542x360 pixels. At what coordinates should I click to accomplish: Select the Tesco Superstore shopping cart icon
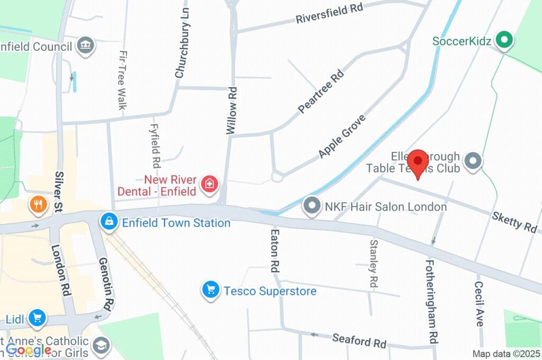click(211, 290)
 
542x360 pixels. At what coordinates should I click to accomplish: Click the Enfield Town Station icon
click(109, 222)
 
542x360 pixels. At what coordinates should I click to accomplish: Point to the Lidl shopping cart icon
click(37, 318)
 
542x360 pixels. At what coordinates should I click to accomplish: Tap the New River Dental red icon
click(210, 184)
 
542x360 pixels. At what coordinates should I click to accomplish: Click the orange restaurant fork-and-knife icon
click(38, 204)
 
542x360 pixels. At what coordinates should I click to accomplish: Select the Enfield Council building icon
click(84, 46)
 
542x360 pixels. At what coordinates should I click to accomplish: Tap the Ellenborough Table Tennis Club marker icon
click(473, 161)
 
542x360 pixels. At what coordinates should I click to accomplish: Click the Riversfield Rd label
click(329, 14)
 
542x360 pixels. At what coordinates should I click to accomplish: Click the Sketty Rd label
click(514, 221)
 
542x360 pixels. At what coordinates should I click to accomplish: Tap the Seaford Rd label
click(359, 340)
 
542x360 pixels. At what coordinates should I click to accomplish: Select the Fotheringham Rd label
click(431, 300)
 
